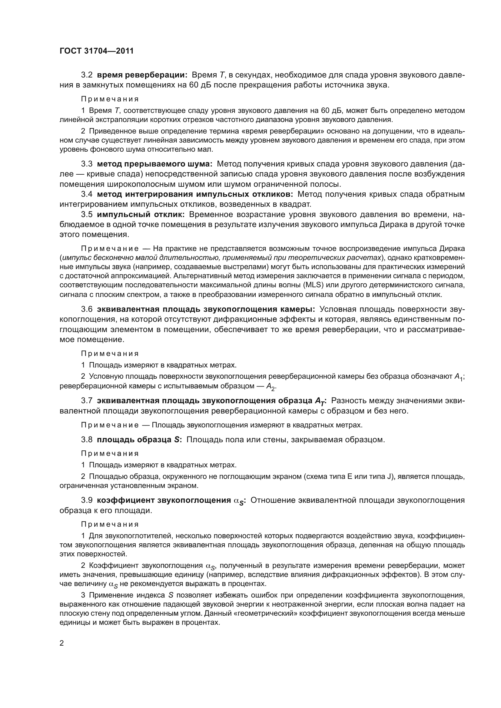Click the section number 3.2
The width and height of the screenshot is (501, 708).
[87, 75]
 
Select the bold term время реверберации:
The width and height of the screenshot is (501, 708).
[142, 75]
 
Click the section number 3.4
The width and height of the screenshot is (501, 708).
[87, 194]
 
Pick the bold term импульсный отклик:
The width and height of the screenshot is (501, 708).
[141, 214]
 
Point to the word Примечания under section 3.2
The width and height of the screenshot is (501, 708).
[110, 99]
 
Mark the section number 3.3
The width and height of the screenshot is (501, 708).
[87, 164]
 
